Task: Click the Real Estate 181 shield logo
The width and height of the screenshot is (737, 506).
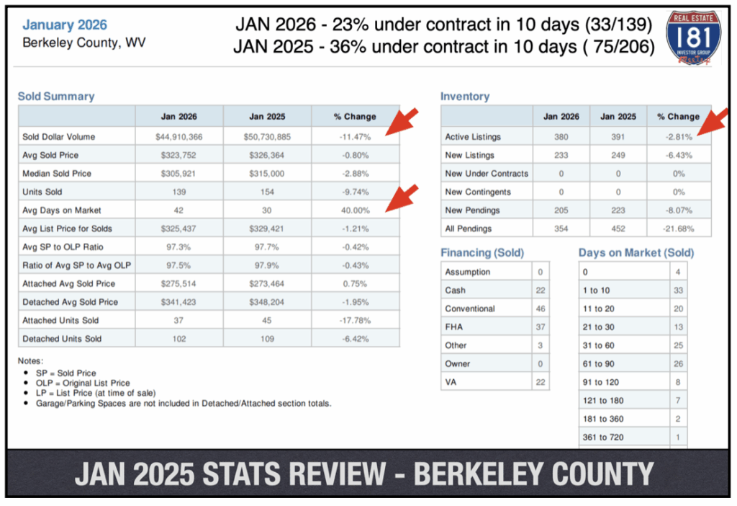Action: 692,37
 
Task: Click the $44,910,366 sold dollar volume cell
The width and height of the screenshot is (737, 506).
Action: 179,136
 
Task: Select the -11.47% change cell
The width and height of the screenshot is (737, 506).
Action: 355,136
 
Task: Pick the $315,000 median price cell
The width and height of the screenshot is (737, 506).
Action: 267,173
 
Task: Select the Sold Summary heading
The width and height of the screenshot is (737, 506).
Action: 56,96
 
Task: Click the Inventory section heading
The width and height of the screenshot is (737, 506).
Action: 465,96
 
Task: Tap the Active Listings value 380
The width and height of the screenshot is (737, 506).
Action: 561,136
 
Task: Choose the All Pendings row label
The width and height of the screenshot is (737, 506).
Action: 469,228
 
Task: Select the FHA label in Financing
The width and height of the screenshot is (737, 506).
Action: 455,327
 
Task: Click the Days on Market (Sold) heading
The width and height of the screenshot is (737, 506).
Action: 636,252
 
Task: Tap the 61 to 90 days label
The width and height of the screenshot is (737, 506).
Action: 598,364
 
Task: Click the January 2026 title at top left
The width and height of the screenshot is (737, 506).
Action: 65,25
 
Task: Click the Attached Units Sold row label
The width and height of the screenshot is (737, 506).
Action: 60,320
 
